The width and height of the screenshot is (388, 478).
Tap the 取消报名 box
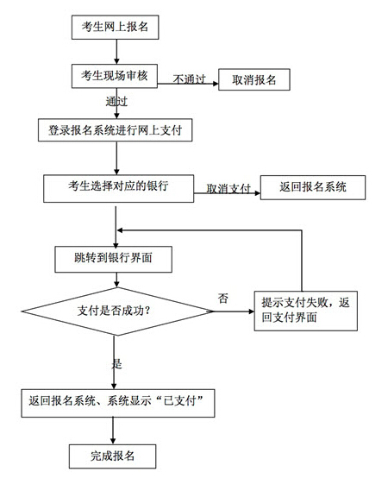(x=253, y=79)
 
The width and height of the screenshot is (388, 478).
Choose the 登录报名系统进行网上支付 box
(x=115, y=130)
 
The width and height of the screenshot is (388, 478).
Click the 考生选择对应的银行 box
(x=118, y=186)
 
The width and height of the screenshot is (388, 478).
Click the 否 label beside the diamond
(x=223, y=298)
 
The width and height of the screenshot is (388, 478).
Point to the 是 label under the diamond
(x=117, y=363)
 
